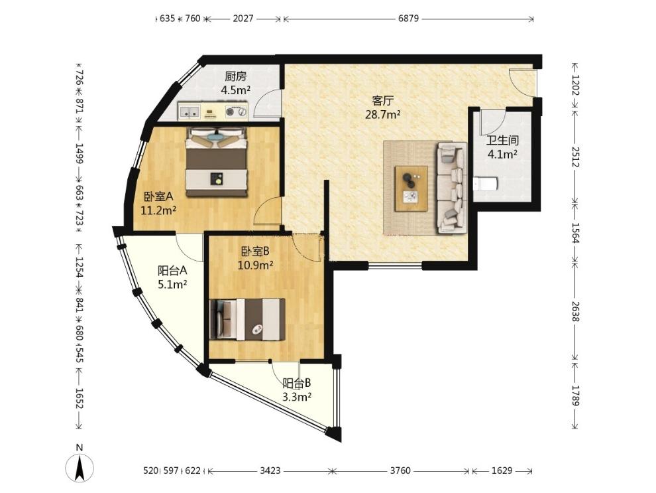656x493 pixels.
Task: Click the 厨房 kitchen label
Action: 235,77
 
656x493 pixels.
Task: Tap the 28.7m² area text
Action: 383,114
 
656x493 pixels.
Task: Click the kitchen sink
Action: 190,112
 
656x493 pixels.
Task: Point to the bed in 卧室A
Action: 216,162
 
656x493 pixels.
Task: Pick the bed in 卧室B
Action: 247,319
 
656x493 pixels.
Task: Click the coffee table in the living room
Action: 411,188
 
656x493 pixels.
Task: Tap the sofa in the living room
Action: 452,187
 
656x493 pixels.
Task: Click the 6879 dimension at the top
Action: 408,19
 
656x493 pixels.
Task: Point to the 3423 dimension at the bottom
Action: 270,471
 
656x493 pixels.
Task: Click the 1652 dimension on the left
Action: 80,398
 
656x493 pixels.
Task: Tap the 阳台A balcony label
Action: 172,271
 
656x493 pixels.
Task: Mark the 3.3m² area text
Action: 297,397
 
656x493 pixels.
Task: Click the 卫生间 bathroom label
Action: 502,140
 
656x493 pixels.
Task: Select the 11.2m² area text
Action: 158,210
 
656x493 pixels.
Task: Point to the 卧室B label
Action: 255,251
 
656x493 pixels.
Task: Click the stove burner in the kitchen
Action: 230,111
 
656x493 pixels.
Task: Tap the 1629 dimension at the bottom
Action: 502,471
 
